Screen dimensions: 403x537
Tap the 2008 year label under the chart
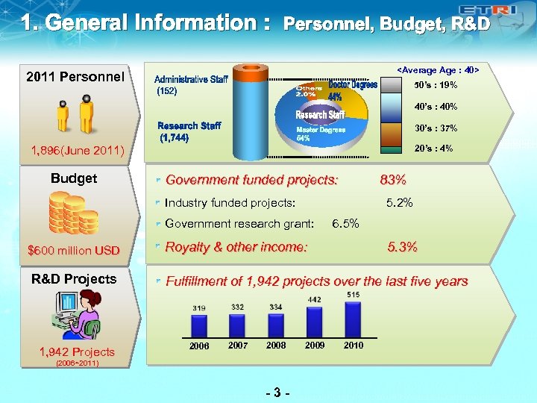[276, 346]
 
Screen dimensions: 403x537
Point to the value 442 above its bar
[314, 299]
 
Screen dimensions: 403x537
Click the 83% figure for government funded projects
[393, 180]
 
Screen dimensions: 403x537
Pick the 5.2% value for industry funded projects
[400, 202]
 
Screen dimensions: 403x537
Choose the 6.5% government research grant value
[345, 223]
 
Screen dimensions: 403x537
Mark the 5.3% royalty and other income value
[403, 247]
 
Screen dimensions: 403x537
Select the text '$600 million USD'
[73, 251]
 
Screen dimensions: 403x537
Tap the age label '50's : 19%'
[436, 85]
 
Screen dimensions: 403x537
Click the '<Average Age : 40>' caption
[438, 70]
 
